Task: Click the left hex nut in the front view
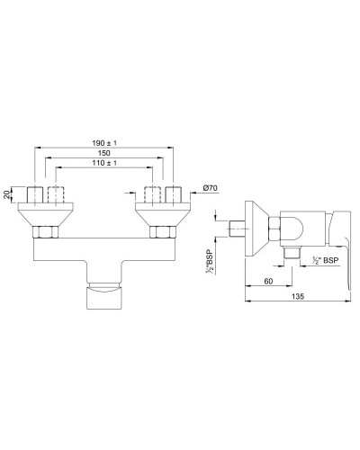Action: tap(44, 232)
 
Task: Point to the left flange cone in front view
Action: tap(44, 214)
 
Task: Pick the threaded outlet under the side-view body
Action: tap(291, 254)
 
